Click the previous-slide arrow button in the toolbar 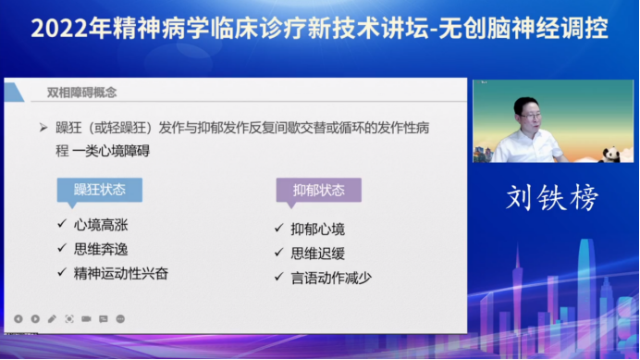point(18,318)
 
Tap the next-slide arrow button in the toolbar point(35,318)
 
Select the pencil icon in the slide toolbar point(52,318)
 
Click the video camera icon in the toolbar point(86,318)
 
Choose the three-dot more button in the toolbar point(120,318)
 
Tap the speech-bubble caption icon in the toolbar point(103,318)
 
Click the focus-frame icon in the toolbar point(69,318)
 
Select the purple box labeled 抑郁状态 point(318,191)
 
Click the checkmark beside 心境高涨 point(61,223)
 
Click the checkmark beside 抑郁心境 point(278,228)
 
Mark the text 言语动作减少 point(332,277)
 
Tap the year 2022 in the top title point(62,29)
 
